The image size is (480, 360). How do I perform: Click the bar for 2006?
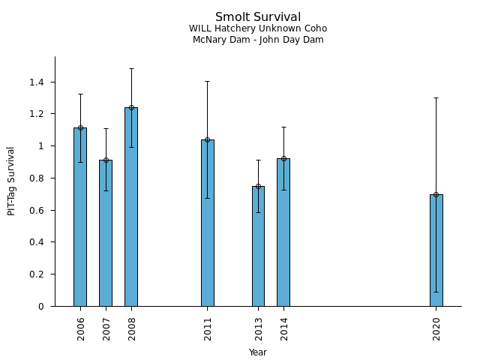tap(80, 217)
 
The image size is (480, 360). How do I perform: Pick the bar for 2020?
tap(436, 250)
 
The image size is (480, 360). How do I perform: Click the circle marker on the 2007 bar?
tap(106, 160)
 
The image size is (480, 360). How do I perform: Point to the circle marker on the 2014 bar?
tap(283, 158)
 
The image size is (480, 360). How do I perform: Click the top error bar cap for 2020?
tap(436, 97)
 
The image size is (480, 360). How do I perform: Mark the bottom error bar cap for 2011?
tap(208, 198)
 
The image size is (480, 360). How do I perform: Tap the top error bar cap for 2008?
tap(131, 69)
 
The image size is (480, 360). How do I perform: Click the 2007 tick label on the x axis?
tap(106, 328)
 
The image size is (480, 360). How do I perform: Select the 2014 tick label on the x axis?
tap(284, 328)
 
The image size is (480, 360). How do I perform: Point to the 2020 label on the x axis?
tap(436, 328)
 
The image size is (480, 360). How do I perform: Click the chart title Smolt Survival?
tap(258, 17)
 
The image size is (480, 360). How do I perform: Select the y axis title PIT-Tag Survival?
tap(11, 181)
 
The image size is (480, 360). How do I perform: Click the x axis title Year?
tap(258, 352)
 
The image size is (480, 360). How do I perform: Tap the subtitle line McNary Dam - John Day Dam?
tap(258, 40)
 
